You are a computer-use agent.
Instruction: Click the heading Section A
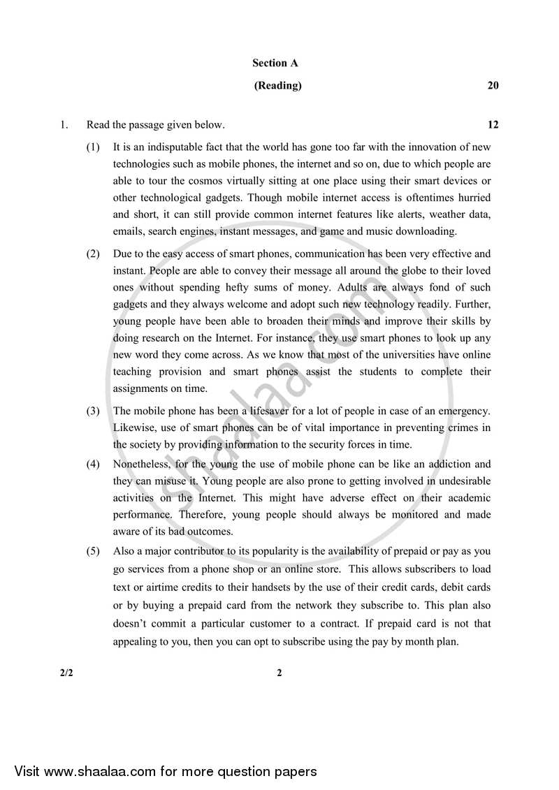point(275,63)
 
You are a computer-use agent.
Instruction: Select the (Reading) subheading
point(277,86)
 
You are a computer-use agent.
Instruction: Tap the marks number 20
point(493,86)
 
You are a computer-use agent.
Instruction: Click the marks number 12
point(493,125)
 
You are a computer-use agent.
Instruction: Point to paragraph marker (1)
point(93,147)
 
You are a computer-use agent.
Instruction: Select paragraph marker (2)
point(93,254)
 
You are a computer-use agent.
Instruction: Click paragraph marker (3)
point(93,411)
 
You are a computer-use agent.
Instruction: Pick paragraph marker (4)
point(93,464)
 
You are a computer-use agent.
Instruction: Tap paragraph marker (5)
point(93,551)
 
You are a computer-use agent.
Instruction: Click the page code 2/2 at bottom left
point(66,673)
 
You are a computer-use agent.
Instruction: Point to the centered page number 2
point(279,673)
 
